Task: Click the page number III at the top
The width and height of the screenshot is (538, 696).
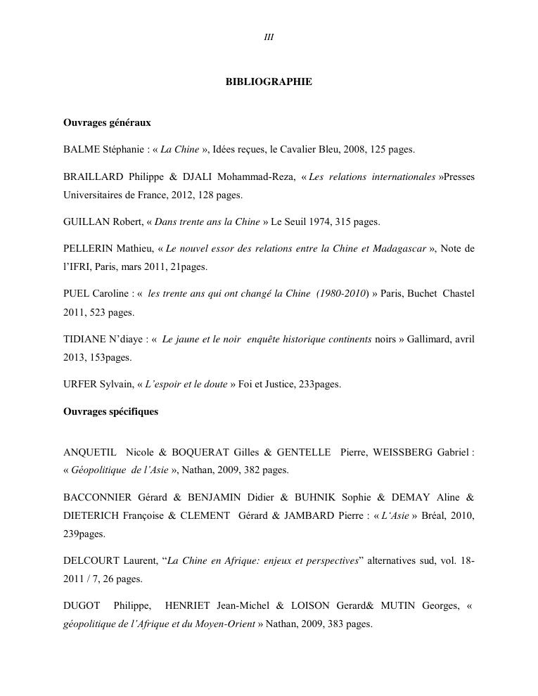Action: tap(269, 37)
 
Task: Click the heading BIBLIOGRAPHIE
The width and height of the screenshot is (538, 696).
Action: tap(269, 82)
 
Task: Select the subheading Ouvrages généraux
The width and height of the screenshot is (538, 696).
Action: tap(107, 123)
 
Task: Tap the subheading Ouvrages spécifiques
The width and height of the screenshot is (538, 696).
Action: tap(110, 412)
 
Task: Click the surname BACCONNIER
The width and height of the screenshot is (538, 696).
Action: tap(97, 498)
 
